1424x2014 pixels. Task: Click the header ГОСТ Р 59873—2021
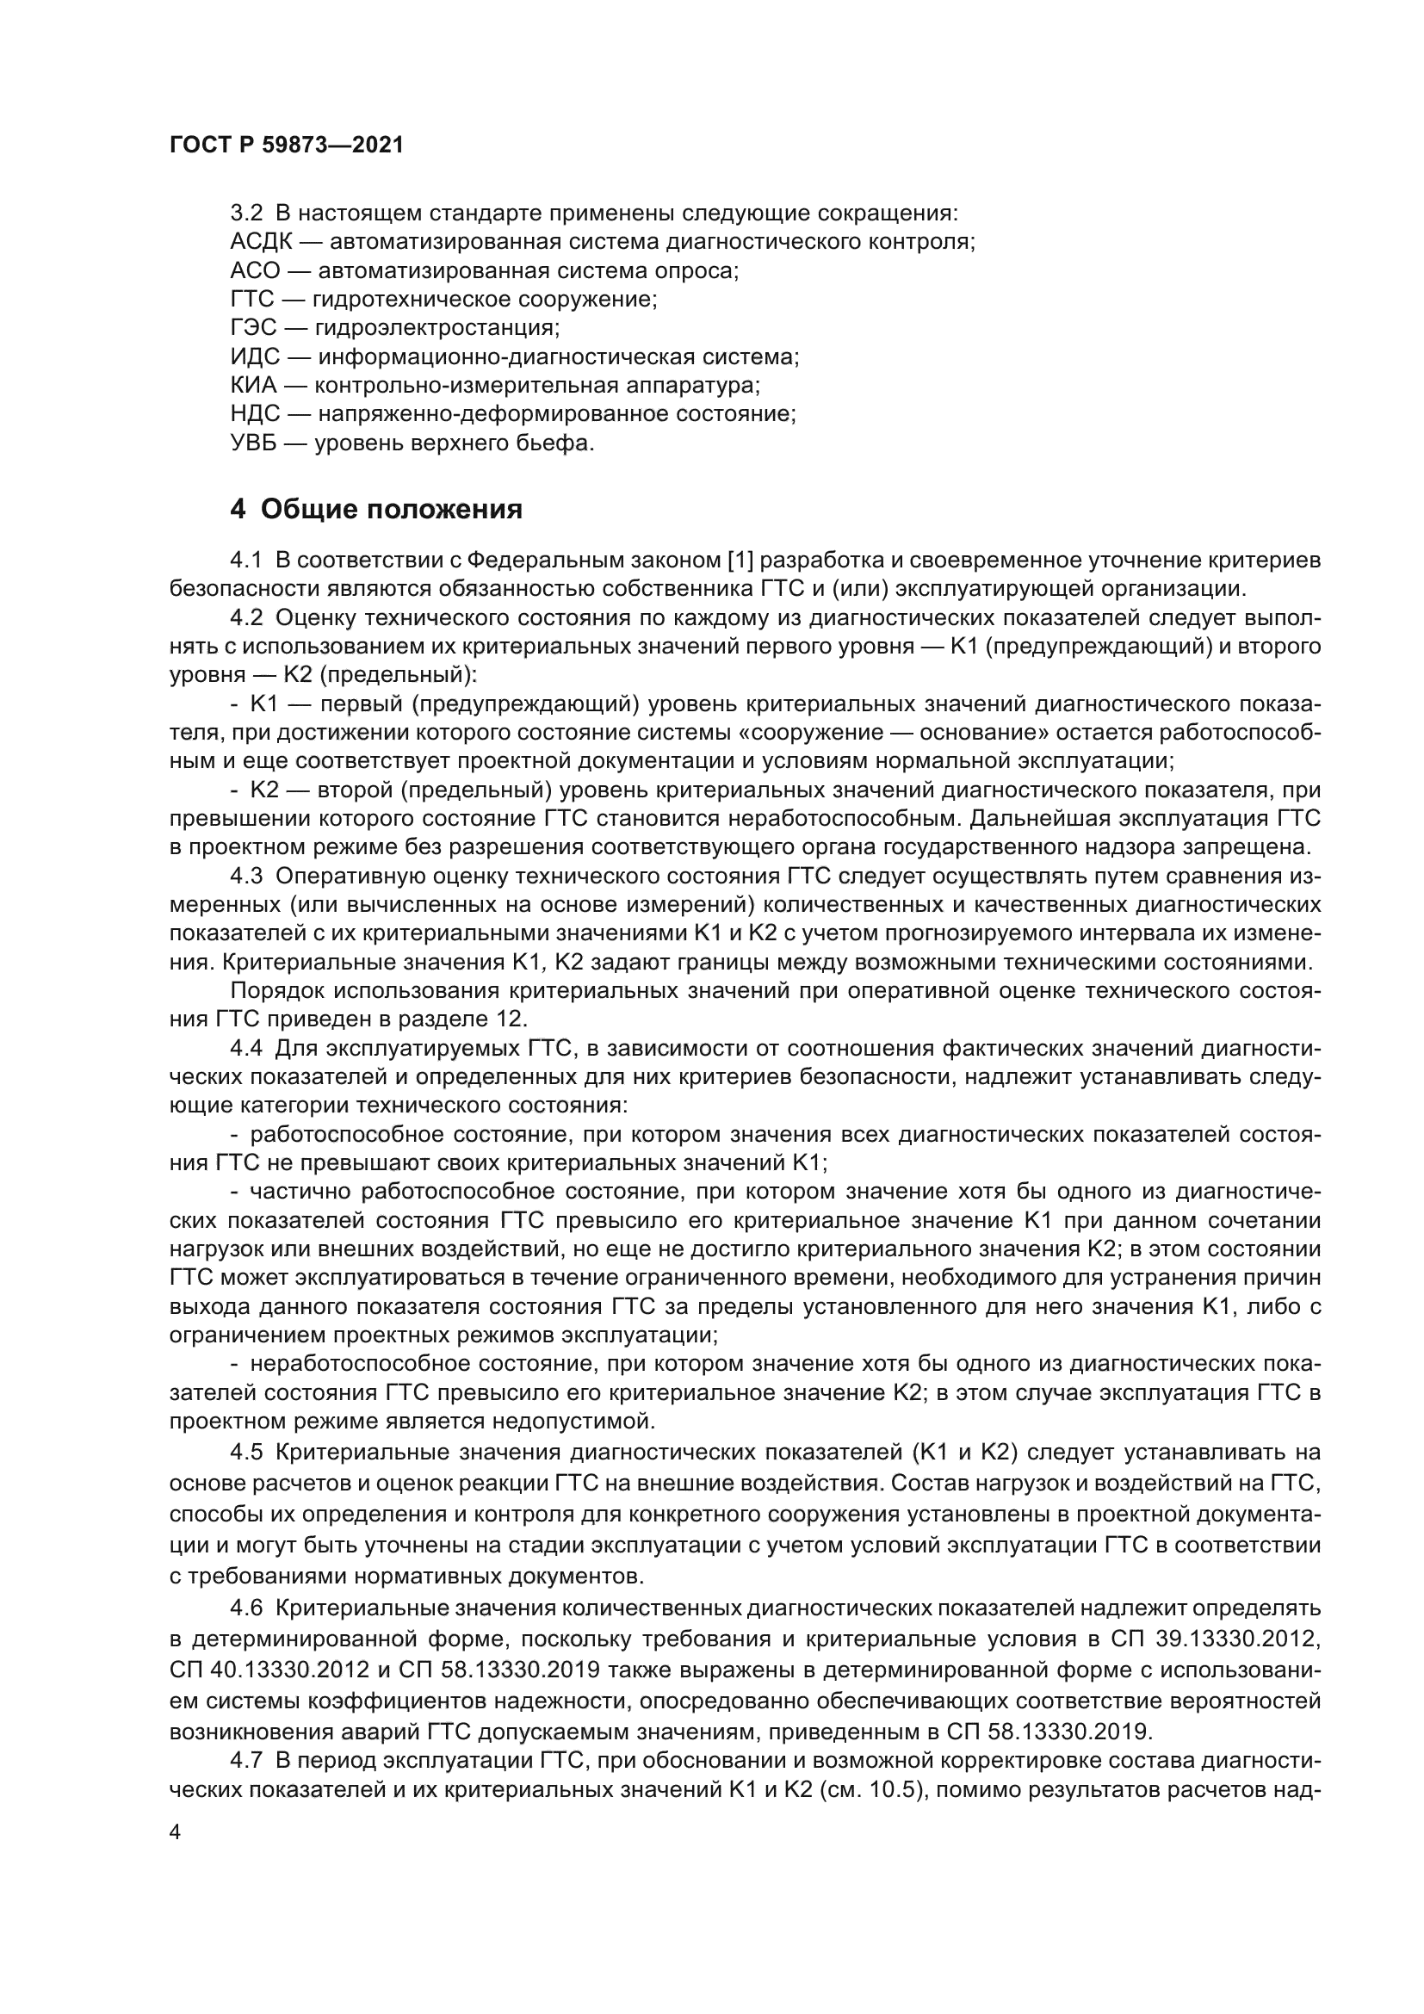(286, 146)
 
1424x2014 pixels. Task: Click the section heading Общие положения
(391, 510)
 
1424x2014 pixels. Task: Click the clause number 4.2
(246, 617)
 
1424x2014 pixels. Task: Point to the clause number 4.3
(246, 877)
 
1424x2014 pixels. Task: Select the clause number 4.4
(246, 1049)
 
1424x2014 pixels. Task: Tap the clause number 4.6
(246, 1608)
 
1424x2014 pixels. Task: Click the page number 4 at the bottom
(176, 1833)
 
